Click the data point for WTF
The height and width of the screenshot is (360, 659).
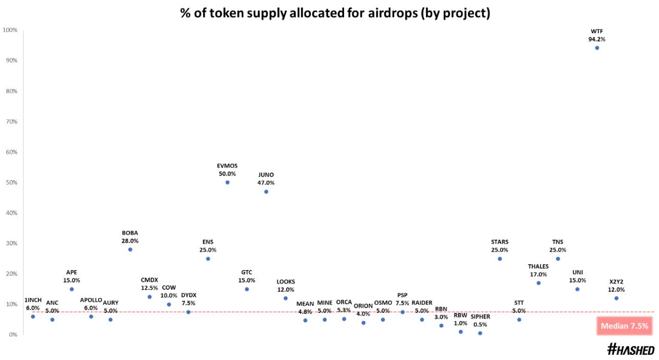(597, 48)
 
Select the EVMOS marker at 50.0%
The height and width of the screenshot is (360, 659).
(227, 182)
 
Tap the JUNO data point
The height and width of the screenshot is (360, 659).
(266, 192)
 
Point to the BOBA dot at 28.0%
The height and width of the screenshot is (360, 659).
(130, 249)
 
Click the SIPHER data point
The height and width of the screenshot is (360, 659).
(480, 333)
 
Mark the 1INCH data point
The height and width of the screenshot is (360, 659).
(33, 316)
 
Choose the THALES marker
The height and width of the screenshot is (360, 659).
(538, 283)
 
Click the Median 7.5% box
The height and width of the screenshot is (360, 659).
(624, 326)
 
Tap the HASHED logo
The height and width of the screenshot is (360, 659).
(630, 350)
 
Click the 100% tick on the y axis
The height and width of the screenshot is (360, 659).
(10, 30)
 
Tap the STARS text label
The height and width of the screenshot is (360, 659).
(500, 242)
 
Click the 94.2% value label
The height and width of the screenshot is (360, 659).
(597, 39)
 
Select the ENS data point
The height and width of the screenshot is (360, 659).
(208, 259)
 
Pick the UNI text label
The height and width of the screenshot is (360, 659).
(577, 272)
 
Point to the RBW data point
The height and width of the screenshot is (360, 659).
(460, 331)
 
